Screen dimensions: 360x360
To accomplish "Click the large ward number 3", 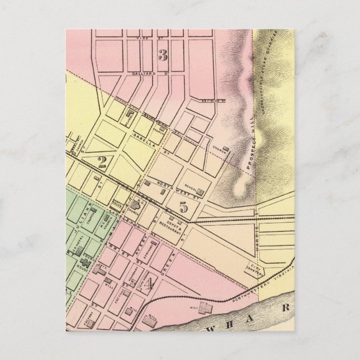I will point(163,55).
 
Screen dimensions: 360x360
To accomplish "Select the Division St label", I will point(212,101).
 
